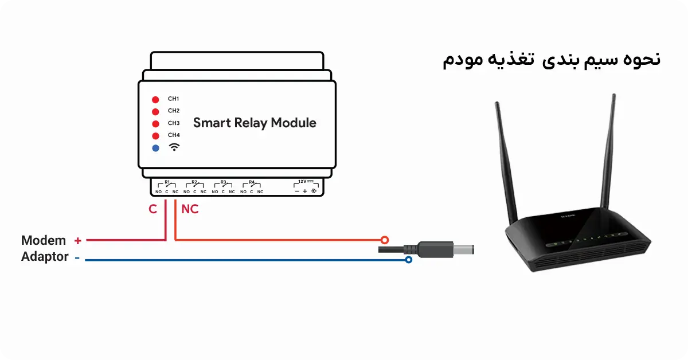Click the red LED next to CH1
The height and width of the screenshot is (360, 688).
155,99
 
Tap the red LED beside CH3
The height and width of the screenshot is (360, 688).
155,123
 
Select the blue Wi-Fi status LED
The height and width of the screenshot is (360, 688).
155,148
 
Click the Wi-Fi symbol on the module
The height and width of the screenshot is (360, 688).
174,147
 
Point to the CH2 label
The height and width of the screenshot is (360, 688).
174,111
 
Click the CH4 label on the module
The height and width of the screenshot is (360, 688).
174,135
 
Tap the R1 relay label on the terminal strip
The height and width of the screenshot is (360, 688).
167,182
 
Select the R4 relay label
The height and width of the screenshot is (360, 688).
251,182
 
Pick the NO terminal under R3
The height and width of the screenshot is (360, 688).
214,192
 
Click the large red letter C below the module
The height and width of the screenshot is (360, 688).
153,210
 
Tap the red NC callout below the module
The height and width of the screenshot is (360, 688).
190,210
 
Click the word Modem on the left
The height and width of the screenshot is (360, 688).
44,240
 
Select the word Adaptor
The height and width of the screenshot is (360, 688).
45,257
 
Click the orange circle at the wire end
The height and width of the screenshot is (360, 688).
385,240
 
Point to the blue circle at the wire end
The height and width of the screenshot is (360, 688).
408,260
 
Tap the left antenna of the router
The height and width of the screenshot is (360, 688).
503,161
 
